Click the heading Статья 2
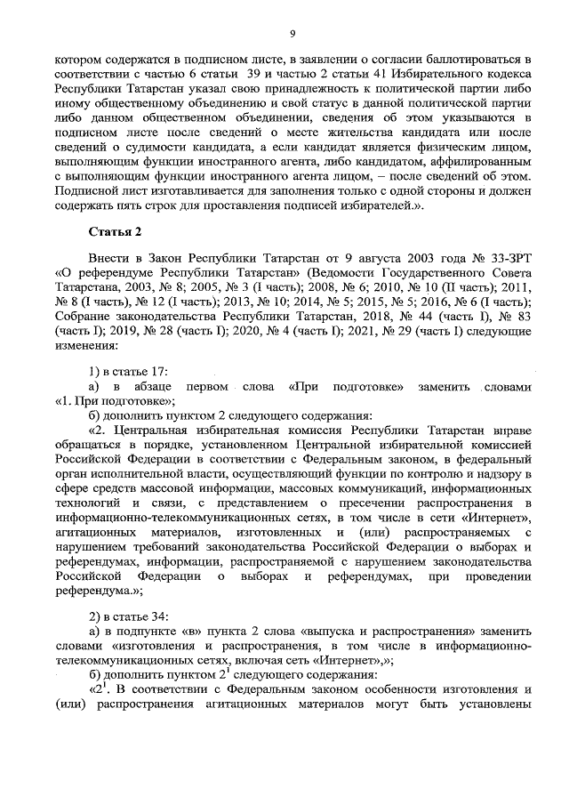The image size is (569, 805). pos(116,234)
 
